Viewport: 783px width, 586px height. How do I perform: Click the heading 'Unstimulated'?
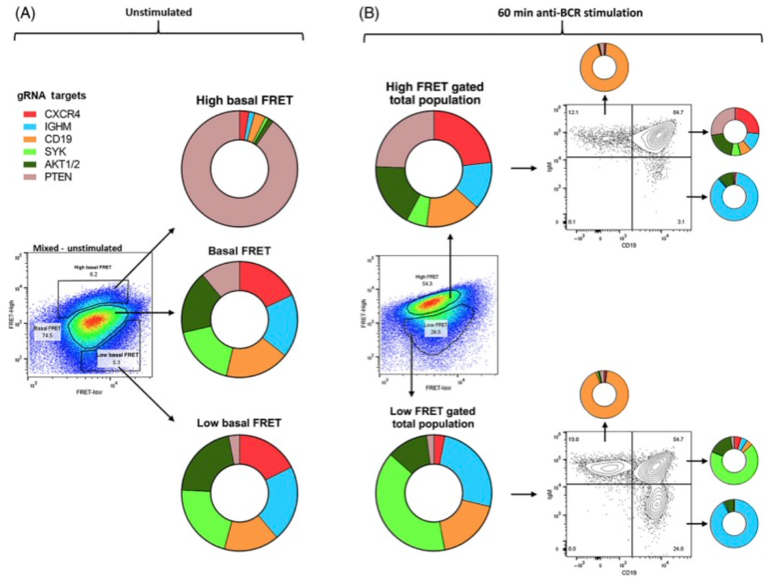tap(158, 10)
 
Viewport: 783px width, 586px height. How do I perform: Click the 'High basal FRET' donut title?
tap(238, 100)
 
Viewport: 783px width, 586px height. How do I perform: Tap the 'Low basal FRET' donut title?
tap(238, 423)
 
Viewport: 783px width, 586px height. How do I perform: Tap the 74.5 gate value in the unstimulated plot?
tap(47, 335)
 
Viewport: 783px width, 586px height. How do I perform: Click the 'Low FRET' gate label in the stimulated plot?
tap(433, 324)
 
